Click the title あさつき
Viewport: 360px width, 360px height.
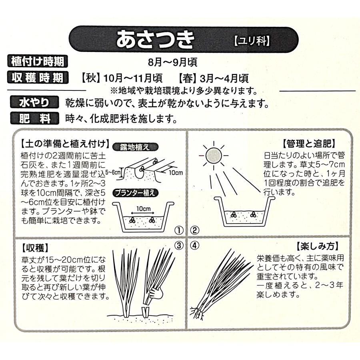[x=156, y=40]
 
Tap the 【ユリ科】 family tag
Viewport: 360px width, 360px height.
[x=252, y=41]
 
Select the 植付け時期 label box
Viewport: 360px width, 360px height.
[x=38, y=61]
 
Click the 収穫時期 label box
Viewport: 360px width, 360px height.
[x=38, y=78]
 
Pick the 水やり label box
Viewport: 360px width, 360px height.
[x=34, y=102]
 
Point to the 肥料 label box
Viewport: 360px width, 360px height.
[x=35, y=118]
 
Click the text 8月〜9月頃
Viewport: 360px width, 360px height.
[x=173, y=62]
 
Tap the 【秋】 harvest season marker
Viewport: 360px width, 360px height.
[x=91, y=78]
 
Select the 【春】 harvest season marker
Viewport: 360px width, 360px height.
[x=187, y=78]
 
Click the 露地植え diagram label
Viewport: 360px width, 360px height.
[x=135, y=147]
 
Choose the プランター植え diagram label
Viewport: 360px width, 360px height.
[x=136, y=193]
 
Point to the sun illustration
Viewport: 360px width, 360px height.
[x=213, y=156]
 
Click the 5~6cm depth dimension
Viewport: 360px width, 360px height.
[x=113, y=172]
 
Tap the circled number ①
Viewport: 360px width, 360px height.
[x=179, y=230]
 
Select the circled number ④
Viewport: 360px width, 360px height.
[x=194, y=246]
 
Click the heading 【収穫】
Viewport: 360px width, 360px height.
[x=35, y=248]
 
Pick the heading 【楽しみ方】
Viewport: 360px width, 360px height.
[x=318, y=246]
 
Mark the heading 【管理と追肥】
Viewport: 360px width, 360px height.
[x=308, y=144]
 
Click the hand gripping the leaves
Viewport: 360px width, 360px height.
[x=155, y=294]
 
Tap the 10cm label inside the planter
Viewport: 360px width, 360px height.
[x=144, y=208]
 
